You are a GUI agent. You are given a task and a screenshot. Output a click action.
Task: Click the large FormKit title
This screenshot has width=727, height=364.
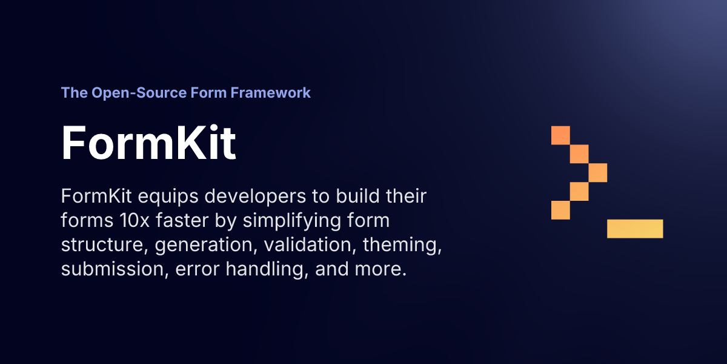[148, 143]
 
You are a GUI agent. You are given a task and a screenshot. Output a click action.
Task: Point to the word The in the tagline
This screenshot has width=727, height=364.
[74, 93]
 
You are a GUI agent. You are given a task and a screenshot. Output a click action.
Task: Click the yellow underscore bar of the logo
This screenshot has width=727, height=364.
[635, 229]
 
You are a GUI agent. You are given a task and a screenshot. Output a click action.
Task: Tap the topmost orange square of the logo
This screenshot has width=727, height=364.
[561, 135]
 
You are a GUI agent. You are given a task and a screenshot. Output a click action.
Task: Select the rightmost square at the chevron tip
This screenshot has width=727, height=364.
[598, 172]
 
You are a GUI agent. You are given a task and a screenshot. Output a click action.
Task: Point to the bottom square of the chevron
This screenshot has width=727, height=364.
[561, 210]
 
